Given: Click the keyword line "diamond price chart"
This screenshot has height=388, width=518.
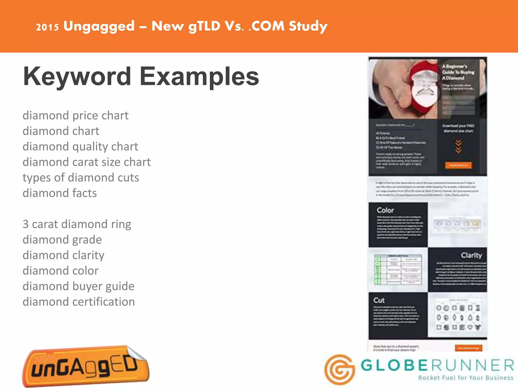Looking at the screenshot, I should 75,116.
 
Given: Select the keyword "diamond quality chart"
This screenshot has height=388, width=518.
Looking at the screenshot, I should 80,147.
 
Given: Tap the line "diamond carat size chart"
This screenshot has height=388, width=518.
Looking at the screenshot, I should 87,162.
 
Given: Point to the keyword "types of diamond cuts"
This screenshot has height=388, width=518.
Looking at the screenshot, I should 81,178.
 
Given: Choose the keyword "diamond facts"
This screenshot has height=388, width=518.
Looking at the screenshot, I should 60,193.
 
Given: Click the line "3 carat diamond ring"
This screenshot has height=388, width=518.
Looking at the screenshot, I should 77,224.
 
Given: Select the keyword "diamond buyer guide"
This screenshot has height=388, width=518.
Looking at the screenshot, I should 78,286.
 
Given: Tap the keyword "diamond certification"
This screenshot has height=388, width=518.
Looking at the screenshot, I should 79,302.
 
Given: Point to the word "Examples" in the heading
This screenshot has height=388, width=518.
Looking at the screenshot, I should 199,77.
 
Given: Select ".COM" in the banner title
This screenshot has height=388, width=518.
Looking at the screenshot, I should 267,26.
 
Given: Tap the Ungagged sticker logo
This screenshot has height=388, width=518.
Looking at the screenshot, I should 86,366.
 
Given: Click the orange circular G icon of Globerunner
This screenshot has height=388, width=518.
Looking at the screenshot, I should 340,370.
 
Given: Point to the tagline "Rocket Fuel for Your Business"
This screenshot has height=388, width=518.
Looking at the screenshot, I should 466,378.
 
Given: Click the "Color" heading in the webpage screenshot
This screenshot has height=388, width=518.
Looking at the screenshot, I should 385,210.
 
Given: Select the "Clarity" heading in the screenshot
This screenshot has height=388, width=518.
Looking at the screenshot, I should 471,255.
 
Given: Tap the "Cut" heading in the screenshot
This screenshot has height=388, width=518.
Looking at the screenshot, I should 379,300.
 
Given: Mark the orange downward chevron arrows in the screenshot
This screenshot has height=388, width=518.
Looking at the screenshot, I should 458,147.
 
